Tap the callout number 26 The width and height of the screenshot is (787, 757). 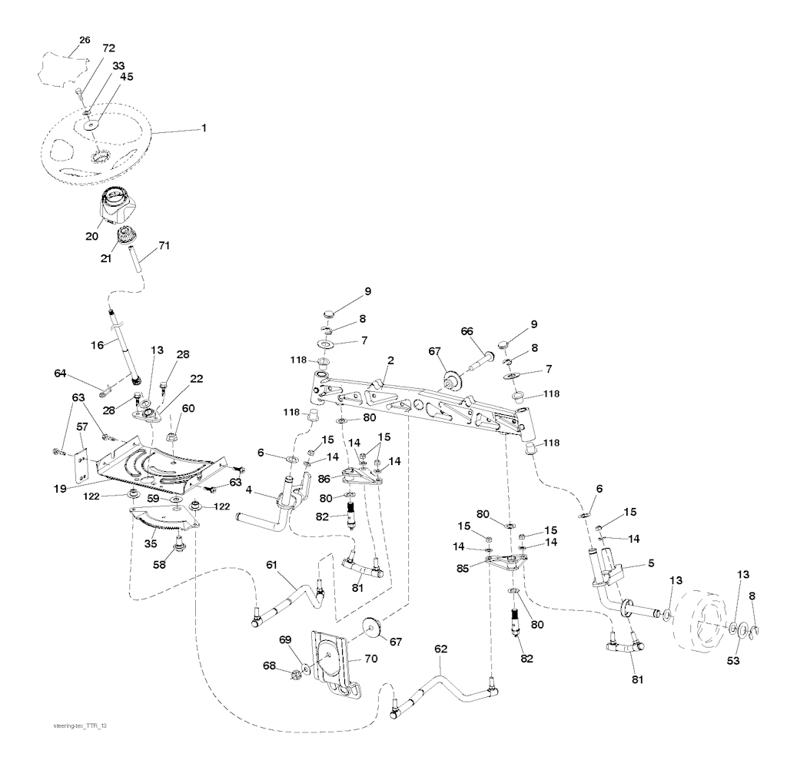(x=85, y=40)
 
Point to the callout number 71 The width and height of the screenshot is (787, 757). (x=164, y=245)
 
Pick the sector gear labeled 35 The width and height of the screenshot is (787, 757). (x=165, y=525)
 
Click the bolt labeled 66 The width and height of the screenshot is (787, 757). (x=483, y=357)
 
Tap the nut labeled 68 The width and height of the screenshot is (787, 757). (x=294, y=676)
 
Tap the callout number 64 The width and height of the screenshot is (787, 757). (x=61, y=374)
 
